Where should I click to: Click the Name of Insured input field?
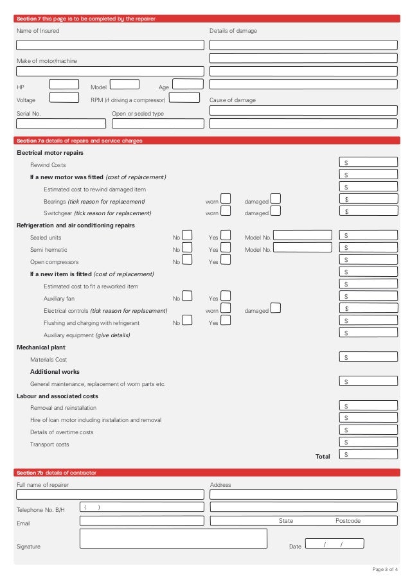tap(110, 45)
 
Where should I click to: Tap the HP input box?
tap(64, 84)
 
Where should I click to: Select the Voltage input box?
tap(64, 98)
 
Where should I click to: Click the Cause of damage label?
tap(232, 100)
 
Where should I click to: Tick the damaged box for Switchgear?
tap(275, 211)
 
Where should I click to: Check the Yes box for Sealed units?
tap(226, 235)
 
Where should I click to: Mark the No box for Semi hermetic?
tap(187, 247)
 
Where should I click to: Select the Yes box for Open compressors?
tap(226, 259)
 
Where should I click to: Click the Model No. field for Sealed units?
tap(303, 236)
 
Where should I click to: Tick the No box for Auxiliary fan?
tap(187, 295)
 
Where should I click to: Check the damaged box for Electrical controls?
tap(275, 308)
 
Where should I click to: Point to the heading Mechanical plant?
tap(40, 347)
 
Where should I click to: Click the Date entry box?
tap(334, 543)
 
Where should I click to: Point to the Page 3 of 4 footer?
tap(385, 569)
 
